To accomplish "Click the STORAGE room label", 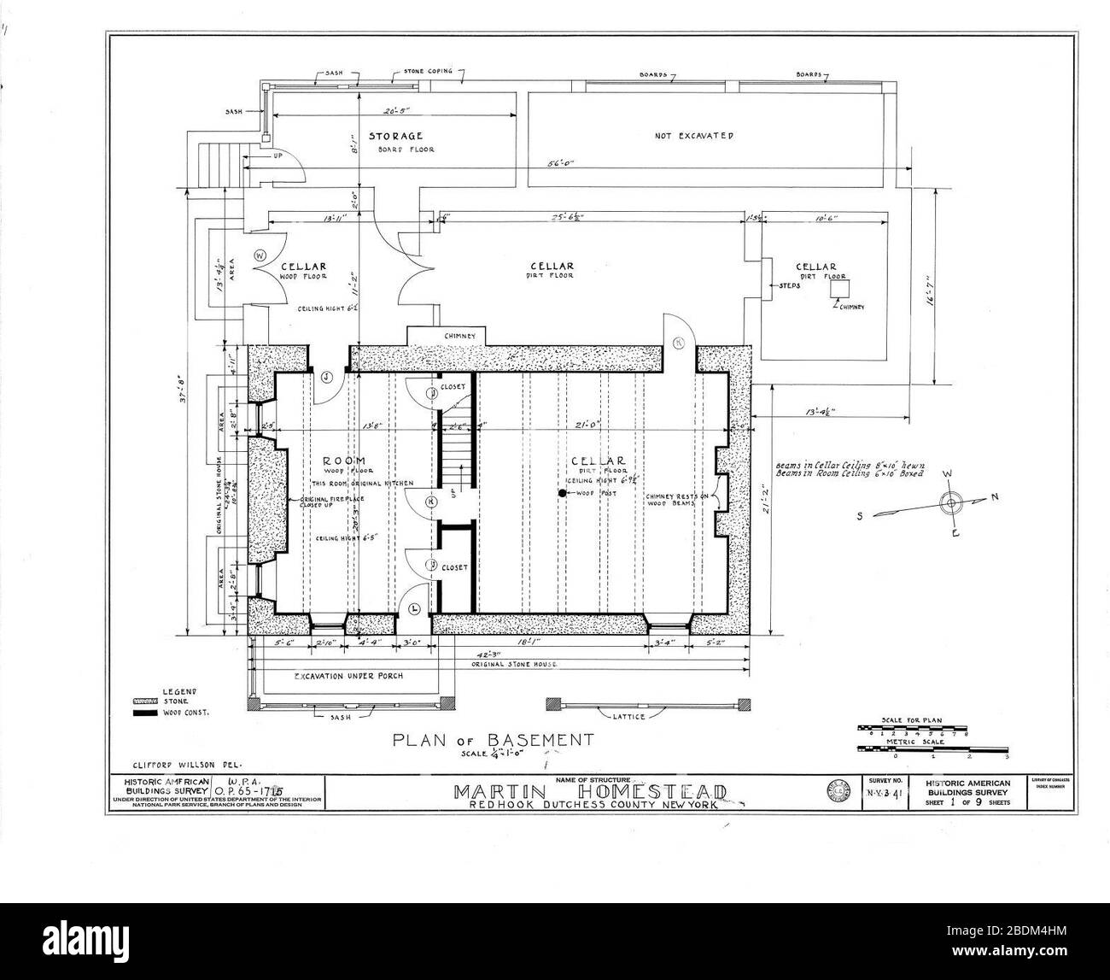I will point(395,136).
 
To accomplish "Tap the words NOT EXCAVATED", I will point(693,136).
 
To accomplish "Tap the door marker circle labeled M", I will point(680,343).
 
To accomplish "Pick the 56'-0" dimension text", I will point(561,164).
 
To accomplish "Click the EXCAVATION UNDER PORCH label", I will point(348,676).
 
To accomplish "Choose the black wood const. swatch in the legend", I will point(142,712).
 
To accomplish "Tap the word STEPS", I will point(789,286).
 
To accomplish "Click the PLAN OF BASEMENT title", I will point(480,739).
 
